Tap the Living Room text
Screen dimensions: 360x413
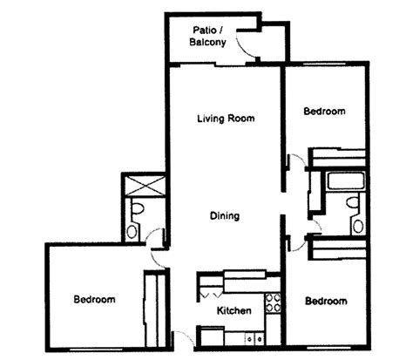(x=226, y=119)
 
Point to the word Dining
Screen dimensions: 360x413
(x=225, y=216)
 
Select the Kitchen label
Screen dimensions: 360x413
(x=234, y=310)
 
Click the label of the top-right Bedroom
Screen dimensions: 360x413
(x=324, y=112)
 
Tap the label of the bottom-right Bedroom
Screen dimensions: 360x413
(x=325, y=301)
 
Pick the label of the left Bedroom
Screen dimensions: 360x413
(x=94, y=299)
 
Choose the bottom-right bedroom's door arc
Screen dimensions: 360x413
(x=295, y=244)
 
